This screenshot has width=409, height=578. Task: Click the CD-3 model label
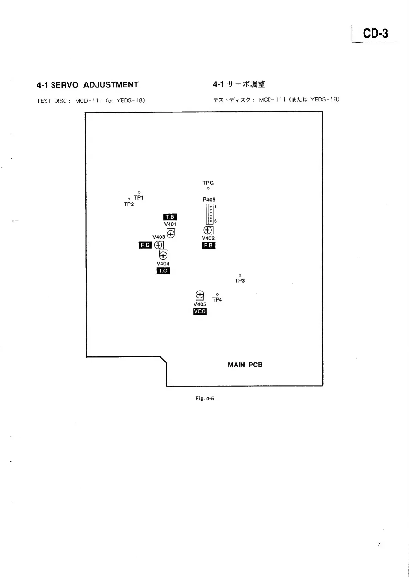[x=375, y=33]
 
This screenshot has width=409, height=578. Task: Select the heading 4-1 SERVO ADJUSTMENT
[x=88, y=85]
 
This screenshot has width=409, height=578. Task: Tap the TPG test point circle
[x=208, y=188]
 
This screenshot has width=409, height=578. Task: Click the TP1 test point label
[x=139, y=197]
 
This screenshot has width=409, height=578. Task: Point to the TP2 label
[x=129, y=204]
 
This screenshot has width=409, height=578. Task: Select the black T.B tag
[x=170, y=217]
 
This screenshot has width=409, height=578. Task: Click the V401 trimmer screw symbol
[x=171, y=234]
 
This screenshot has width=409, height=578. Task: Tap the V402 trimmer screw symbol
[x=208, y=230]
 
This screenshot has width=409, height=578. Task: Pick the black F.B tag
[x=208, y=246]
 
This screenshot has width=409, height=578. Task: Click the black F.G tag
[x=145, y=245]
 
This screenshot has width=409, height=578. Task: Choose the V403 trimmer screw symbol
[x=159, y=245]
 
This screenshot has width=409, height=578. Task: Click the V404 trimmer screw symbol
[x=163, y=255]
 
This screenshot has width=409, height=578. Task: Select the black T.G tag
[x=163, y=271]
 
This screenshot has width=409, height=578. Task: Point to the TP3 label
[x=240, y=281]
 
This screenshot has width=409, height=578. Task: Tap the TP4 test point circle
[x=217, y=294]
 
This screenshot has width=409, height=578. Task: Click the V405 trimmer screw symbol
[x=200, y=295]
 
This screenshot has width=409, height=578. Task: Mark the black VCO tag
[x=200, y=311]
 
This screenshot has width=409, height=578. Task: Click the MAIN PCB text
[x=245, y=365]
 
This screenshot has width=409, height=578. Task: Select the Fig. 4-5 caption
[x=205, y=398]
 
